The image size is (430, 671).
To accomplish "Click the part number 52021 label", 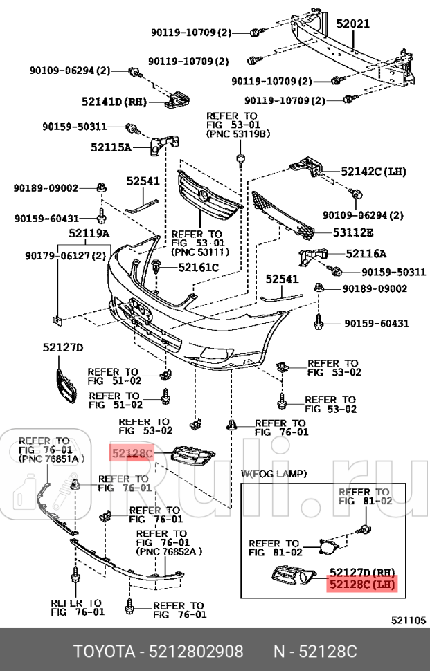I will pyautogui.click(x=353, y=24).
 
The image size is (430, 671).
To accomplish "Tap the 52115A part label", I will pyautogui.click(x=111, y=147).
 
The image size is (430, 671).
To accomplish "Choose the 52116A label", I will pyautogui.click(x=366, y=254).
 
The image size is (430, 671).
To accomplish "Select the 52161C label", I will pyautogui.click(x=198, y=267).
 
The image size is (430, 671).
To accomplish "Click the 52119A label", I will pyautogui.click(x=88, y=234).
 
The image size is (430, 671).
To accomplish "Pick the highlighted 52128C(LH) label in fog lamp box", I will pyautogui.click(x=364, y=584).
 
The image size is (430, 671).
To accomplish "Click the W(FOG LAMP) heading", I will pyautogui.click(x=274, y=473).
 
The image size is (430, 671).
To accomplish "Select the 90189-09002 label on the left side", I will pyautogui.click(x=46, y=187).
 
